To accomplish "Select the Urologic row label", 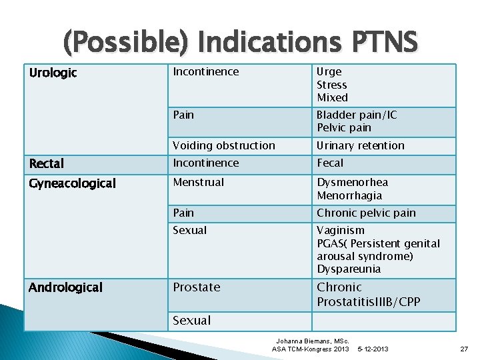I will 53,73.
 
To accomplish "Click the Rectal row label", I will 47,163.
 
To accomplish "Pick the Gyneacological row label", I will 72,183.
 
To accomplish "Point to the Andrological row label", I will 65,287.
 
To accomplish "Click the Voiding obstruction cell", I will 223,145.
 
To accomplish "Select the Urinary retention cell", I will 360,145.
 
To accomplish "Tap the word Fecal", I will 330,163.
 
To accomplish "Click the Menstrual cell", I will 198,182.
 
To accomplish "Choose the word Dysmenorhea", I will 352,182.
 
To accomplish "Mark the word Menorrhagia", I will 349,195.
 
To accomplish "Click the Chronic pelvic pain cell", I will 366,213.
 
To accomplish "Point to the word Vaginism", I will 340,230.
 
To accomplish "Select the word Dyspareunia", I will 349,269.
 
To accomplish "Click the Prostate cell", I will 196,287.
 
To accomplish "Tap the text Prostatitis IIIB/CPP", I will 368,302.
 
